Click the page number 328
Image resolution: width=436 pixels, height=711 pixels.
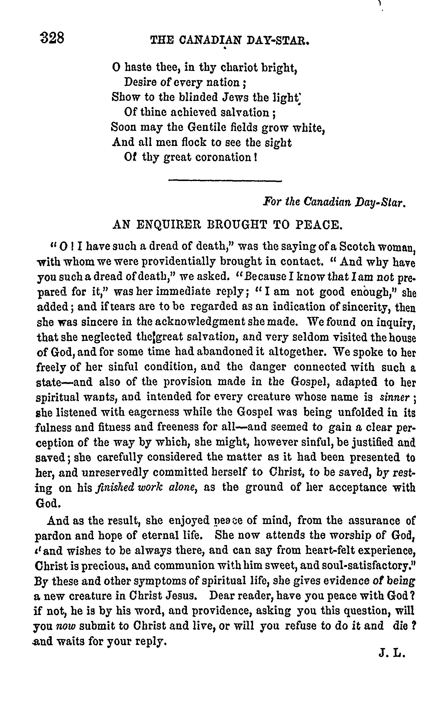point(52,38)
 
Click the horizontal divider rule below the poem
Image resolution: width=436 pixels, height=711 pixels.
point(225,181)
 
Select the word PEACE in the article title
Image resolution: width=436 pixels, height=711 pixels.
point(319,225)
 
